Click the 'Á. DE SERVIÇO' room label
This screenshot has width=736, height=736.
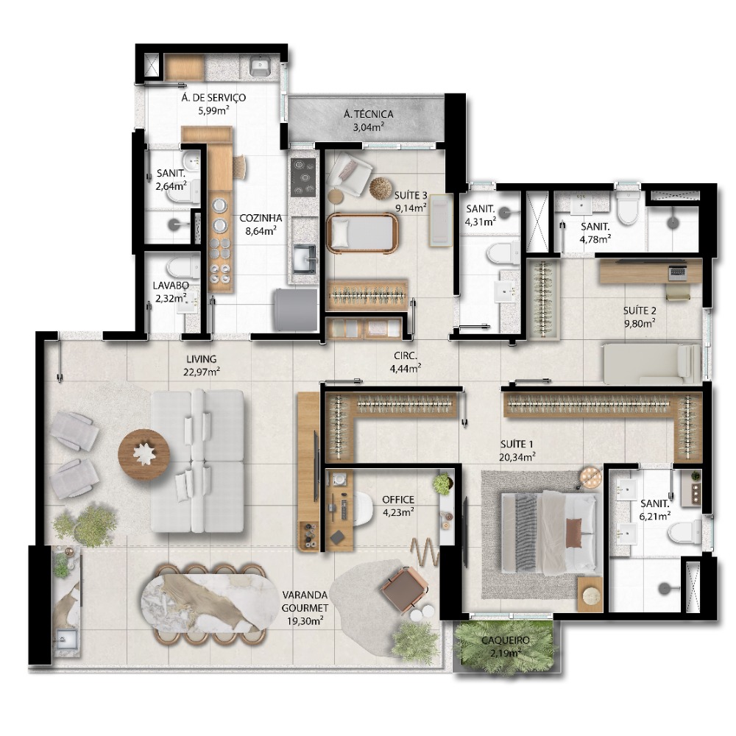point(213,98)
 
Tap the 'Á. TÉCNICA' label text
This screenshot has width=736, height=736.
point(369,114)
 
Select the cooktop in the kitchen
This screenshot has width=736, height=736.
point(303,177)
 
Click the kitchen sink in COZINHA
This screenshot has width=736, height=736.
point(305,258)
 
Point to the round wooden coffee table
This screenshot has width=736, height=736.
point(144,454)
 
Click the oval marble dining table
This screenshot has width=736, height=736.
point(208,604)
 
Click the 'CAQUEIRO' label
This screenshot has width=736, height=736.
point(506,640)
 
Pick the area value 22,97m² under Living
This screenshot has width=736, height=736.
point(202,372)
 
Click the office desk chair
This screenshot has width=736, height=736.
point(362,509)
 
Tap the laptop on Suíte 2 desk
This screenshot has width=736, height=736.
point(678,273)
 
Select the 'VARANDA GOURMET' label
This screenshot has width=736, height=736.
point(305,601)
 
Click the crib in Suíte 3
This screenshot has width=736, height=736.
point(362,233)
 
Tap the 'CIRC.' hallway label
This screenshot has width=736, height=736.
point(405,356)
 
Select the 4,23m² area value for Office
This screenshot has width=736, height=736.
point(398,512)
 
